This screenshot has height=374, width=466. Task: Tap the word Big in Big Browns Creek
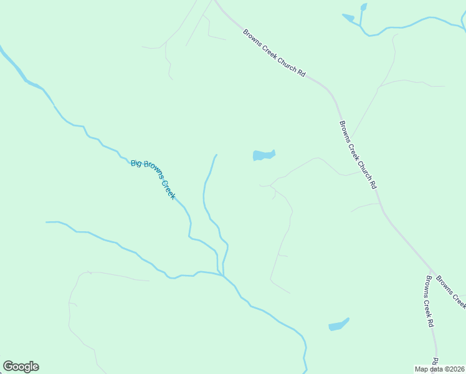pyautogui.click(x=136, y=163)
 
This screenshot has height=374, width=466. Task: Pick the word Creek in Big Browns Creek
pyautogui.click(x=169, y=189)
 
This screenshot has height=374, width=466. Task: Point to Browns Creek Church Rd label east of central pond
pyautogui.click(x=358, y=154)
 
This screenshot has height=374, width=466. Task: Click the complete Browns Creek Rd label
pyautogui.click(x=429, y=302)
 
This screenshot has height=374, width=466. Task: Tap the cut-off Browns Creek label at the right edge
pyautogui.click(x=451, y=291)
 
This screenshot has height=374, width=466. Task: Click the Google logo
pyautogui.click(x=21, y=367)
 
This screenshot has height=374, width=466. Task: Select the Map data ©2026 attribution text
pyautogui.click(x=440, y=369)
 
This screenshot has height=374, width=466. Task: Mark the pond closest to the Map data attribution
pyautogui.click(x=338, y=325)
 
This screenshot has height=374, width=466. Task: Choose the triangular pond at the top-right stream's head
pyautogui.click(x=348, y=18)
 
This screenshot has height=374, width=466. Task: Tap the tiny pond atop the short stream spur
pyautogui.click(x=363, y=7)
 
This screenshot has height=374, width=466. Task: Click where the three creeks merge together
pyautogui.click(x=223, y=274)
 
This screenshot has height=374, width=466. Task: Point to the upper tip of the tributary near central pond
pyautogui.click(x=216, y=155)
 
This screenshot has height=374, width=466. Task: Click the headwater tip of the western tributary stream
pyautogui.click(x=47, y=222)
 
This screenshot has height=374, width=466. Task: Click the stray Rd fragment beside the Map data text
pyautogui.click(x=435, y=362)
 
